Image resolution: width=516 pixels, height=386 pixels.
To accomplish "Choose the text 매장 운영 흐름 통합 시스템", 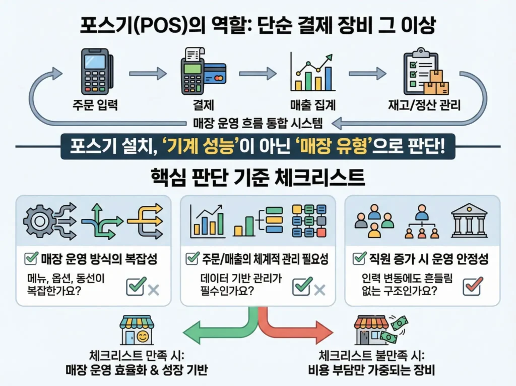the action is click(x=257, y=122).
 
